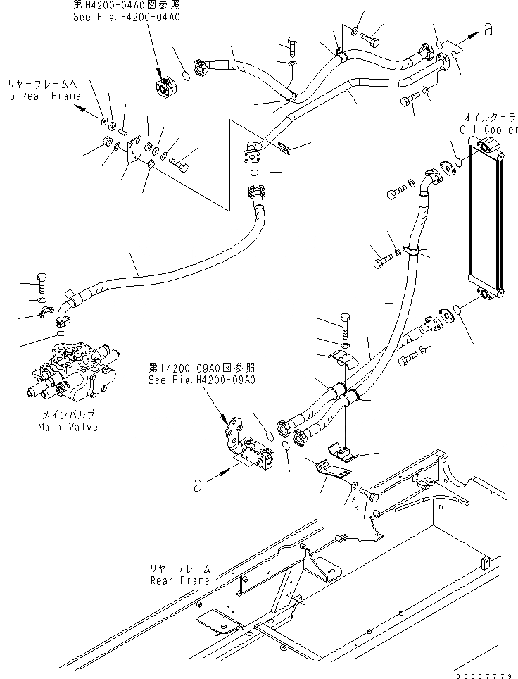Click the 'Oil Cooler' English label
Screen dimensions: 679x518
(488, 130)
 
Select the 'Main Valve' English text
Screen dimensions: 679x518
(68, 427)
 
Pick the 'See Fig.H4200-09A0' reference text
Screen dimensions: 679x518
(201, 378)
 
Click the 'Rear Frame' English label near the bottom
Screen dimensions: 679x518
(179, 580)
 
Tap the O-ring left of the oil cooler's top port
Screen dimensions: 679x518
(458, 161)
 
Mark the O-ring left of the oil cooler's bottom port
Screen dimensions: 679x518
(458, 308)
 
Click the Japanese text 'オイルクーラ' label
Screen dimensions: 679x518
(488, 117)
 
